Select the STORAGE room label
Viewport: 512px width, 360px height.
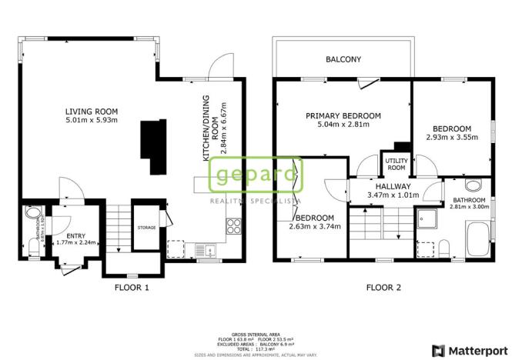[146, 228]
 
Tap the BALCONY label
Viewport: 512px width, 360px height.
[343, 59]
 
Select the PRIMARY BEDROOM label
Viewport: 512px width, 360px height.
[337, 115]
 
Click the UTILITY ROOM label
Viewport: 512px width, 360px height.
[396, 164]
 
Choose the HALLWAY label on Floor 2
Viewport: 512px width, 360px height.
[393, 187]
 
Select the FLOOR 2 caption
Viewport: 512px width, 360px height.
[383, 288]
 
